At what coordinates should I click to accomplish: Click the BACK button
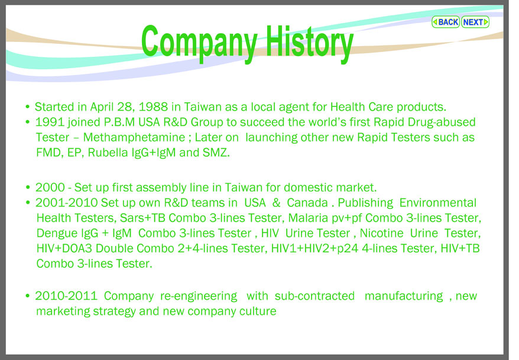(x=446, y=22)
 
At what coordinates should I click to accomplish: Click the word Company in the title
(x=199, y=43)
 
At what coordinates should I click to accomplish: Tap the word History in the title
(x=310, y=43)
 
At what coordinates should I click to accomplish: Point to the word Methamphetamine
(x=134, y=137)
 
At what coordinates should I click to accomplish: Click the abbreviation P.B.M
(x=119, y=122)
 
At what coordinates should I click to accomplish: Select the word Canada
(x=307, y=203)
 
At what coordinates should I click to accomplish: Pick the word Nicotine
(x=382, y=233)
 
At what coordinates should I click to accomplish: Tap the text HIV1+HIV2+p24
(x=315, y=248)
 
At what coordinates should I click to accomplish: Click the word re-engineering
(x=199, y=296)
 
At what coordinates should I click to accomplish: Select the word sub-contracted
(x=315, y=296)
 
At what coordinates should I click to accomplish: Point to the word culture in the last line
(x=258, y=312)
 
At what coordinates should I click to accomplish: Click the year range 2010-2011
(x=66, y=296)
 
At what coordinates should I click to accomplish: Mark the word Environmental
(x=438, y=203)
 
